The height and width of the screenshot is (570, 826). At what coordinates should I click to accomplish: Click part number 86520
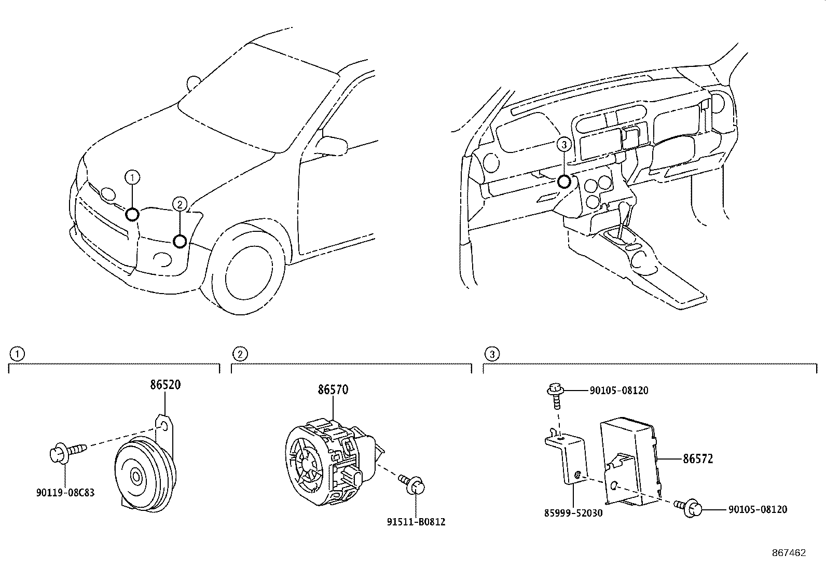click(x=166, y=385)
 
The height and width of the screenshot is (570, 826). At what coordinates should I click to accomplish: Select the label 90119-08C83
click(x=65, y=493)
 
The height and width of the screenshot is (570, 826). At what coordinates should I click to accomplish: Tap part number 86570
click(x=333, y=390)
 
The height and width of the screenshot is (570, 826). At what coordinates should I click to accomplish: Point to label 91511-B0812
click(x=416, y=522)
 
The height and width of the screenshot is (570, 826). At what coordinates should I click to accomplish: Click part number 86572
click(x=698, y=458)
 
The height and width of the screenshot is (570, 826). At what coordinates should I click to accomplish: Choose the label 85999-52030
click(x=573, y=513)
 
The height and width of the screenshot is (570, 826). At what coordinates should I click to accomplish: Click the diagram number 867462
click(x=789, y=553)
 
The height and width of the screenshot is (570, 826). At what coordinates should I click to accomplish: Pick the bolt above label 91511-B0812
click(x=414, y=483)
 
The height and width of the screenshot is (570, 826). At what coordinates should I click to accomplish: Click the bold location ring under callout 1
click(x=132, y=214)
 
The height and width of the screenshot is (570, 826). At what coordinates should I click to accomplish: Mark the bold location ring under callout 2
click(x=180, y=241)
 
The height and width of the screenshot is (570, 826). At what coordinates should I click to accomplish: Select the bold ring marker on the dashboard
click(x=564, y=182)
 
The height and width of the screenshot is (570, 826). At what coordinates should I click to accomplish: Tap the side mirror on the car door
click(x=332, y=144)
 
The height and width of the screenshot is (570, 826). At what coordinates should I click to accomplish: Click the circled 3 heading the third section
click(x=492, y=354)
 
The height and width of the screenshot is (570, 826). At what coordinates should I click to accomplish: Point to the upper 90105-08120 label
click(x=618, y=391)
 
